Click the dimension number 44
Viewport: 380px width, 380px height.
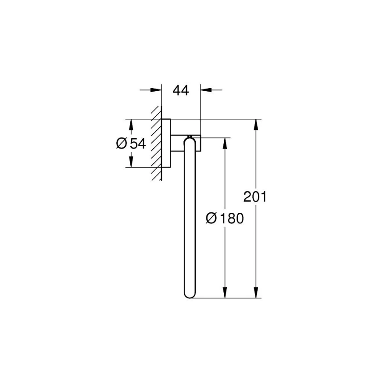pyautogui.click(x=180, y=90)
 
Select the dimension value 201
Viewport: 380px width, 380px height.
pyautogui.click(x=255, y=197)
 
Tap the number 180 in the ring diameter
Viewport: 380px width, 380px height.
pyautogui.click(x=230, y=218)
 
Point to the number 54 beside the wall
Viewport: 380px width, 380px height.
pyautogui.click(x=137, y=143)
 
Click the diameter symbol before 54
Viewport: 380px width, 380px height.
pyautogui.click(x=122, y=143)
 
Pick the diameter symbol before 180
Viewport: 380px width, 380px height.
pyautogui.click(x=211, y=218)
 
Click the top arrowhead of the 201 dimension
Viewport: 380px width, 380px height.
pyautogui.click(x=255, y=125)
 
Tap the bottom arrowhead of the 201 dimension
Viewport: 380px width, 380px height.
pyautogui.click(x=255, y=293)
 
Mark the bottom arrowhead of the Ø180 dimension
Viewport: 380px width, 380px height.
pyautogui.click(x=225, y=293)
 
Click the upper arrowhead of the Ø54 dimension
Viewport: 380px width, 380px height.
pyautogui.click(x=131, y=125)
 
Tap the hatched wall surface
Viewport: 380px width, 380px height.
pyautogui.click(x=156, y=145)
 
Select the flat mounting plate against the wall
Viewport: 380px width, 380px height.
pyautogui.click(x=166, y=143)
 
